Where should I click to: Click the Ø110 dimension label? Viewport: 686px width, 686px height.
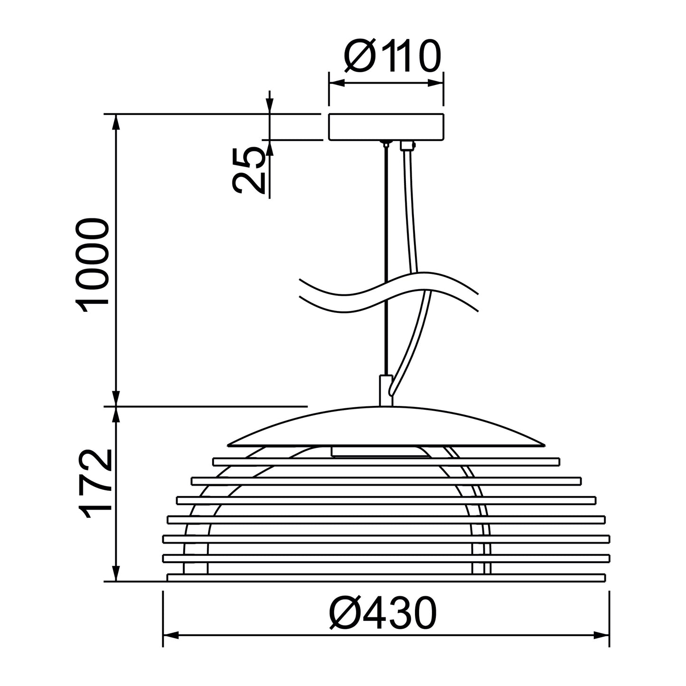pos(392,56)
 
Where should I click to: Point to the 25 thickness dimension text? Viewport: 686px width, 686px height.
pos(249,170)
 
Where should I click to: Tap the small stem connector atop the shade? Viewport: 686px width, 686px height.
pos(385,390)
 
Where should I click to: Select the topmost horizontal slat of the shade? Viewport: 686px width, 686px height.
pos(386,461)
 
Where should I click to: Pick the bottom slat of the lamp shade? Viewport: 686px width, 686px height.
pos(386,577)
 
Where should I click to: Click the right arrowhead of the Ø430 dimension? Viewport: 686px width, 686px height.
pos(602,635)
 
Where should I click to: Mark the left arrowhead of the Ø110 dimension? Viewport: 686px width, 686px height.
pos(336,84)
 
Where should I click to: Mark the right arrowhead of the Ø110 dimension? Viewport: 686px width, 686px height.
pos(436,84)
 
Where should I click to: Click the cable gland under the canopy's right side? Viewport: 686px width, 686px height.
pos(407,145)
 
